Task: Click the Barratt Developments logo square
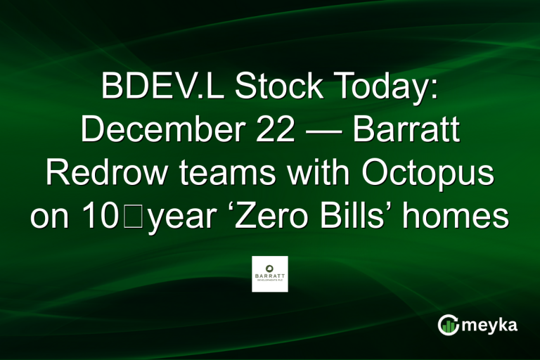(x=270, y=274)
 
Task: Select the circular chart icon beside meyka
(x=448, y=325)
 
